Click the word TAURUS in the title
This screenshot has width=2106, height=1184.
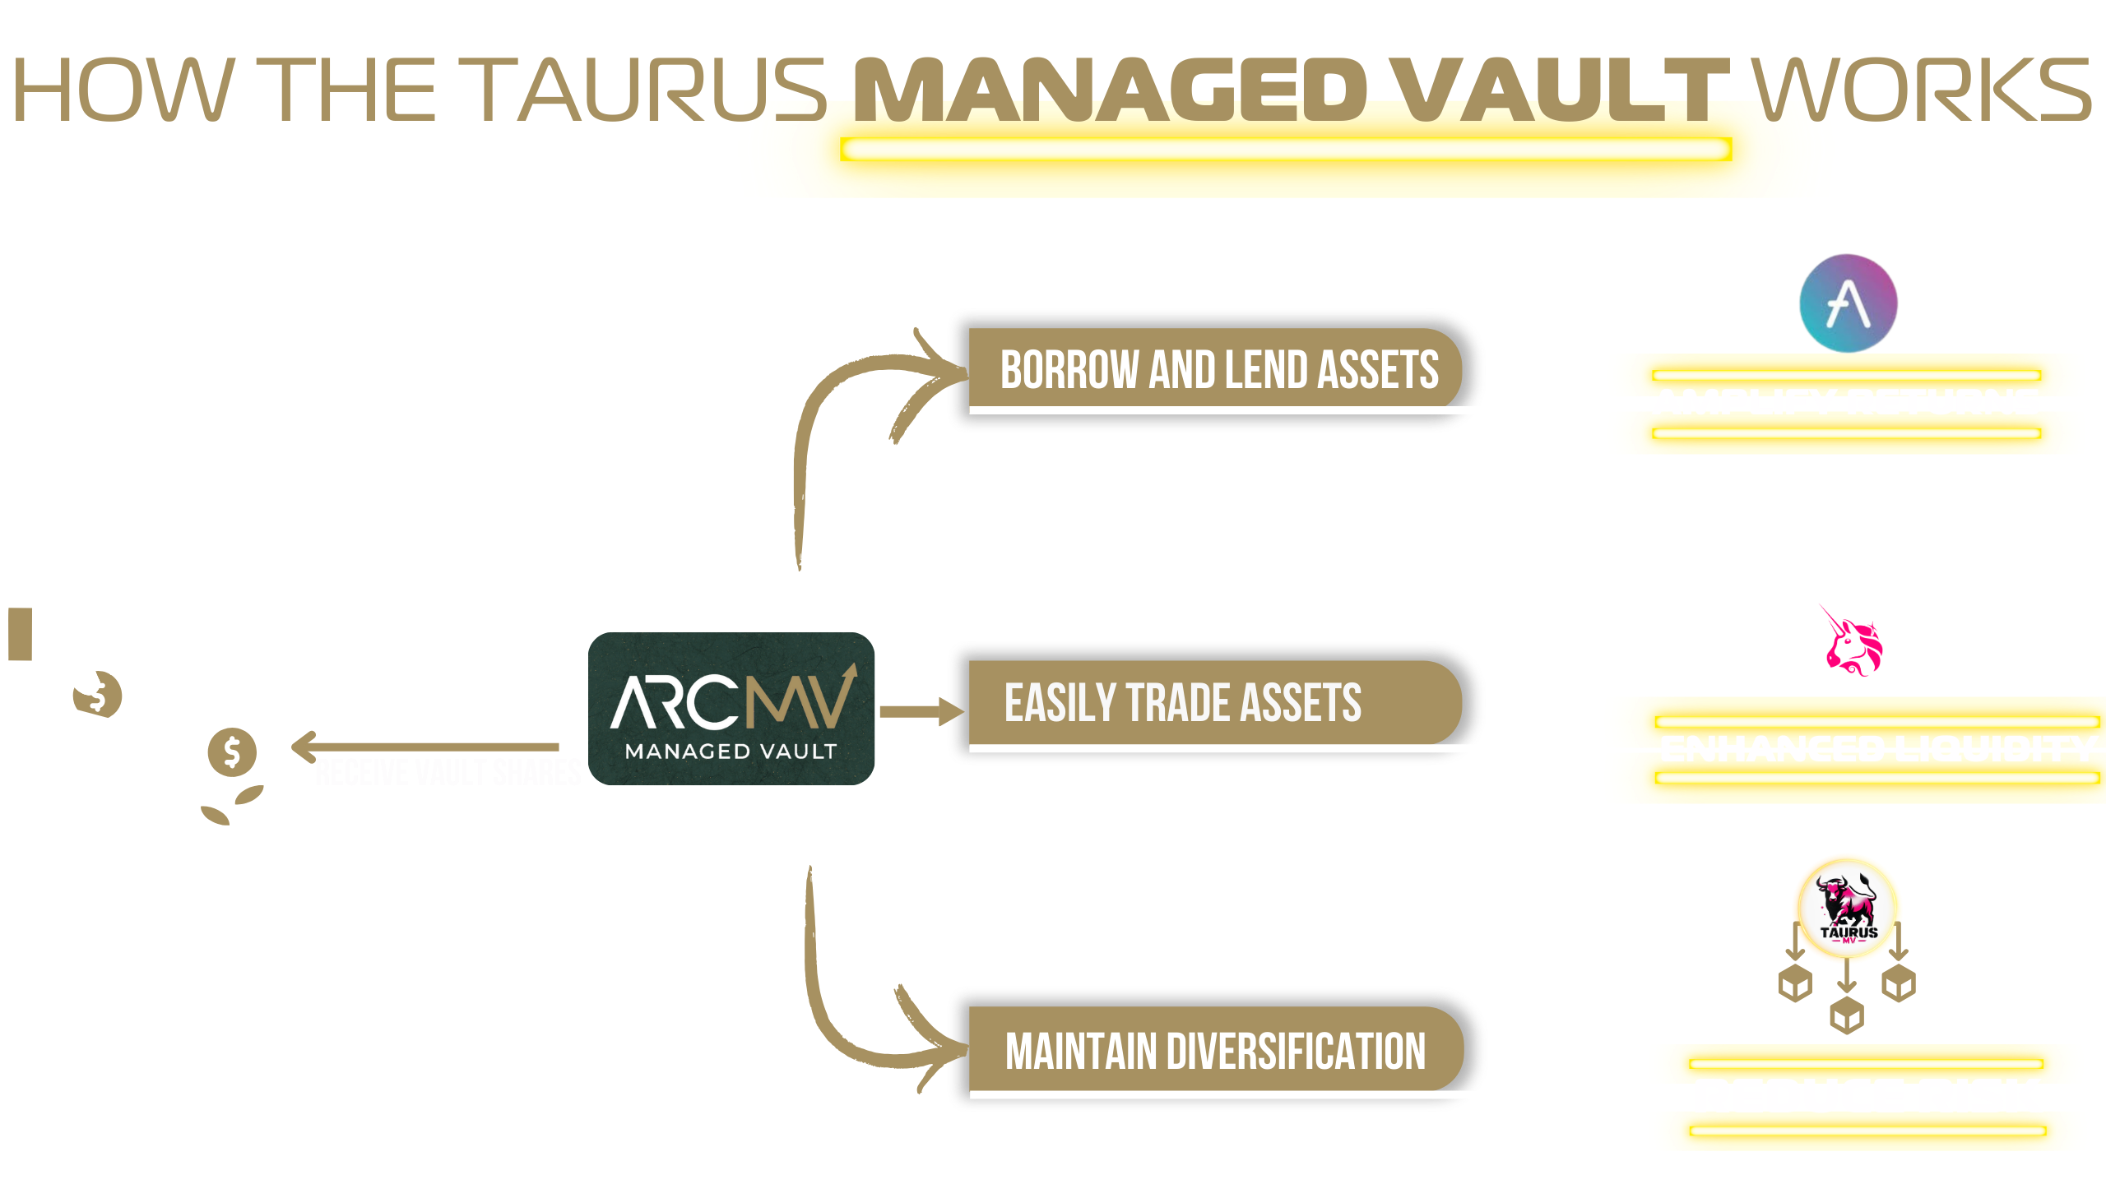pos(650,90)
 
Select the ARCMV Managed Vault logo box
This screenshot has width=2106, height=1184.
pos(731,709)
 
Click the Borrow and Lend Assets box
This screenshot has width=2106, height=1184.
pos(1218,369)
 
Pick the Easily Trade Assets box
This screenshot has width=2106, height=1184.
pos(1209,703)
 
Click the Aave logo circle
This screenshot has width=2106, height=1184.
pos(1849,303)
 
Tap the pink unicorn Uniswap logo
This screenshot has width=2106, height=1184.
pos(1852,642)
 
